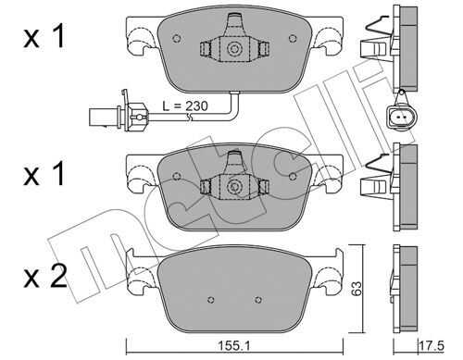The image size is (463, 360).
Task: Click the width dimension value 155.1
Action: (234, 346)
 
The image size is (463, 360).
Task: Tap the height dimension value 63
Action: (357, 288)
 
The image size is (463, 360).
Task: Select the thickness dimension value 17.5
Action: (432, 346)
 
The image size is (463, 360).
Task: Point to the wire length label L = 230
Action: (185, 106)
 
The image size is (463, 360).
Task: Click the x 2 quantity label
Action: (45, 277)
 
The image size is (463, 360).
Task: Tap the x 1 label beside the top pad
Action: (44, 36)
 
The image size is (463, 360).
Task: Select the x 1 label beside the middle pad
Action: (44, 174)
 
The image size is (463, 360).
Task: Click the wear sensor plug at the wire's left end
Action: (119, 113)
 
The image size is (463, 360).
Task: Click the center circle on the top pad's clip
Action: (233, 49)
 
